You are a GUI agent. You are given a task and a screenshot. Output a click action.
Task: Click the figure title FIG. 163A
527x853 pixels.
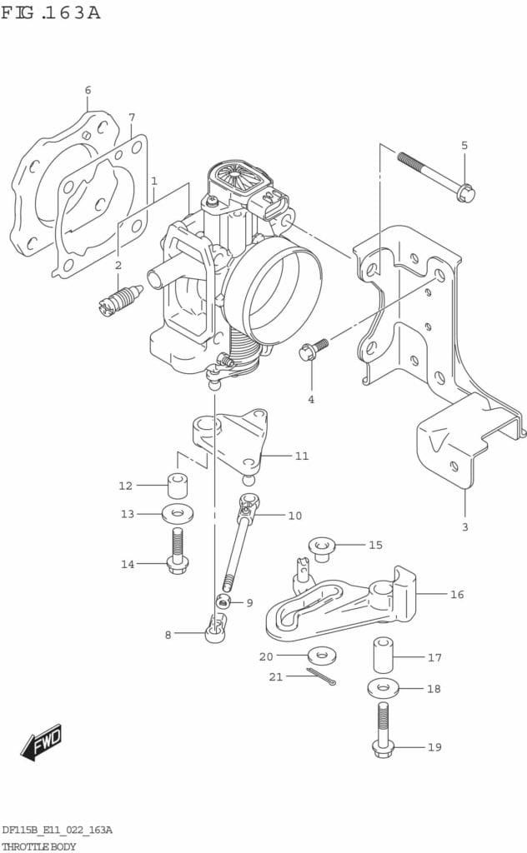tap(51, 12)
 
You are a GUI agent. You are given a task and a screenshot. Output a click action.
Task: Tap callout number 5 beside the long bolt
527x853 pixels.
tap(464, 146)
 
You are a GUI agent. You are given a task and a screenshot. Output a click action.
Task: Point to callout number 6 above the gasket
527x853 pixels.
tap(88, 90)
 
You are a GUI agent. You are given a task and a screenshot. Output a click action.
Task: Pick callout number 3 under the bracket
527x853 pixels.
tap(465, 526)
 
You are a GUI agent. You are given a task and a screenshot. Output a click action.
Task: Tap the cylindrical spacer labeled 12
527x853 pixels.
tap(177, 485)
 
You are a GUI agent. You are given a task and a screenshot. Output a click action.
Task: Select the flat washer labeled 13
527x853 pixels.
tap(178, 513)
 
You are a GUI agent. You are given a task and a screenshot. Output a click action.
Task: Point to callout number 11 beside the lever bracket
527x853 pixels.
tap(301, 456)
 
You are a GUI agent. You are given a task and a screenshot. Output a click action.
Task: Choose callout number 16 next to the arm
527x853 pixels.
tap(457, 595)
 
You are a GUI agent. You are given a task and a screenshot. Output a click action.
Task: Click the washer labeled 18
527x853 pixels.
tap(383, 688)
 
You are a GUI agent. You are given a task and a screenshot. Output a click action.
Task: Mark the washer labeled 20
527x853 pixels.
tap(321, 656)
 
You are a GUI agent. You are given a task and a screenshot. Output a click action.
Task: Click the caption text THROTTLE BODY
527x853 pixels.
tap(39, 846)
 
